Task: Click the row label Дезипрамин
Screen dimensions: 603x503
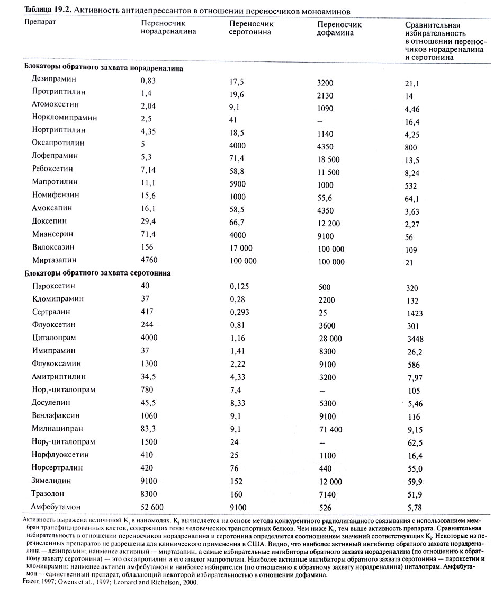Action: [54, 79]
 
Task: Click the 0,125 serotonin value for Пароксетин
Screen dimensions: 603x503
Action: [240, 286]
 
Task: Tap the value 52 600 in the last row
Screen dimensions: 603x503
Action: [154, 507]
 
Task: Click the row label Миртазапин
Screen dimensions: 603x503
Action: [57, 260]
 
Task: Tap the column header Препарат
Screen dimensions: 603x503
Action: [40, 23]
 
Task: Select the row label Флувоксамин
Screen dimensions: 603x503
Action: [57, 363]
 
